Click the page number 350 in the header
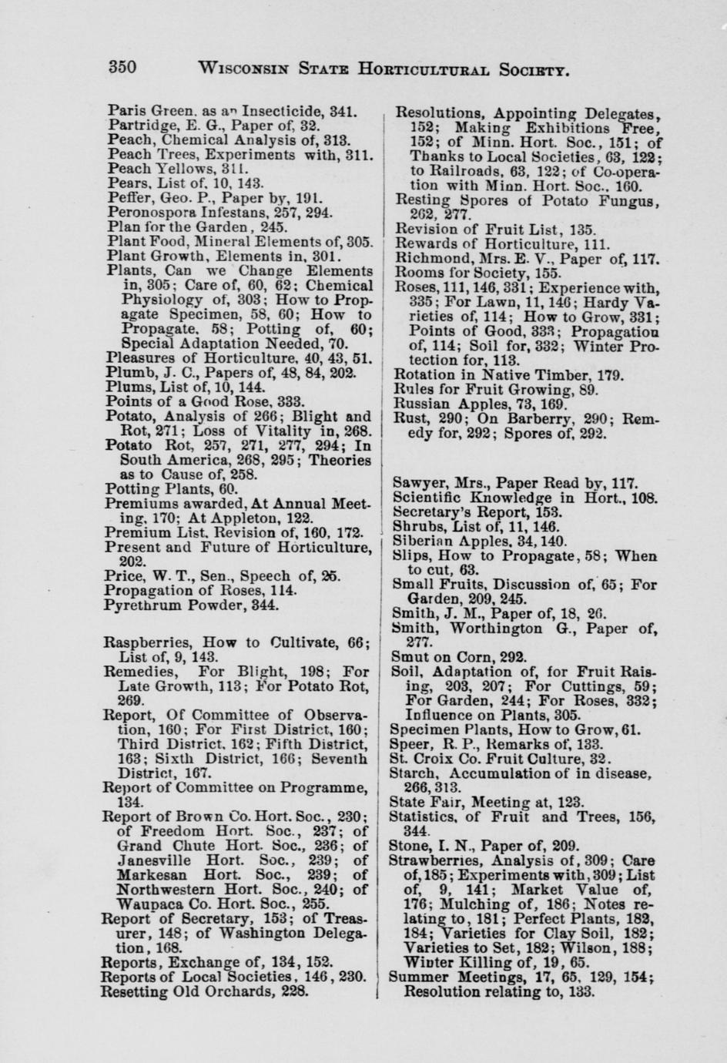pyautogui.click(x=122, y=66)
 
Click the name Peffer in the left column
pyautogui.click(x=123, y=198)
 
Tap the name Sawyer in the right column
pyautogui.click(x=417, y=484)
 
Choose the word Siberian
pyautogui.click(x=420, y=542)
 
